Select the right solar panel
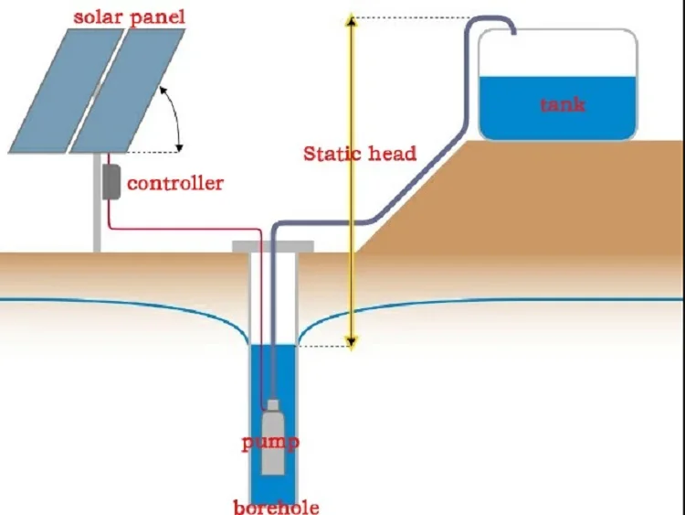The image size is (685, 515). click(x=128, y=89)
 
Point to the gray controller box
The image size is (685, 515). click(x=111, y=182)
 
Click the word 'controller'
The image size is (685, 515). click(x=174, y=183)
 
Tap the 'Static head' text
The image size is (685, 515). click(x=359, y=153)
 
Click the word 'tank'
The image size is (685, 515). click(x=562, y=104)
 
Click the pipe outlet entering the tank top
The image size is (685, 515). click(x=513, y=31)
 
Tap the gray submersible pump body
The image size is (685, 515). click(x=272, y=444)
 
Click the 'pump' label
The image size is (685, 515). click(x=270, y=443)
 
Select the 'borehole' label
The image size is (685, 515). click(x=276, y=506)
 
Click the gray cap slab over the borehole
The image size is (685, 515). click(x=273, y=246)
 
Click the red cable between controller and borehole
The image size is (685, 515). click(x=183, y=230)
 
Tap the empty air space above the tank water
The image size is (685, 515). click(x=557, y=55)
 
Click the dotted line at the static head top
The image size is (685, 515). click(x=411, y=17)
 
